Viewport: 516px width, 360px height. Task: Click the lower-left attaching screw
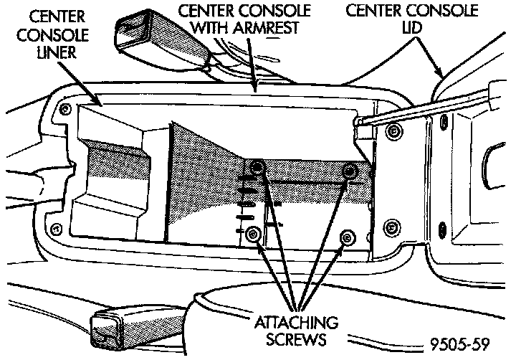(253, 235)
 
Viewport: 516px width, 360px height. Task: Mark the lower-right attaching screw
(347, 237)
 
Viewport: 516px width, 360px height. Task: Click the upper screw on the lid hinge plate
(393, 130)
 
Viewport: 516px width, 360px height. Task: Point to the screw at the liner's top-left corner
(66, 108)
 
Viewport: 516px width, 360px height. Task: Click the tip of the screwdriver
(356, 123)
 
